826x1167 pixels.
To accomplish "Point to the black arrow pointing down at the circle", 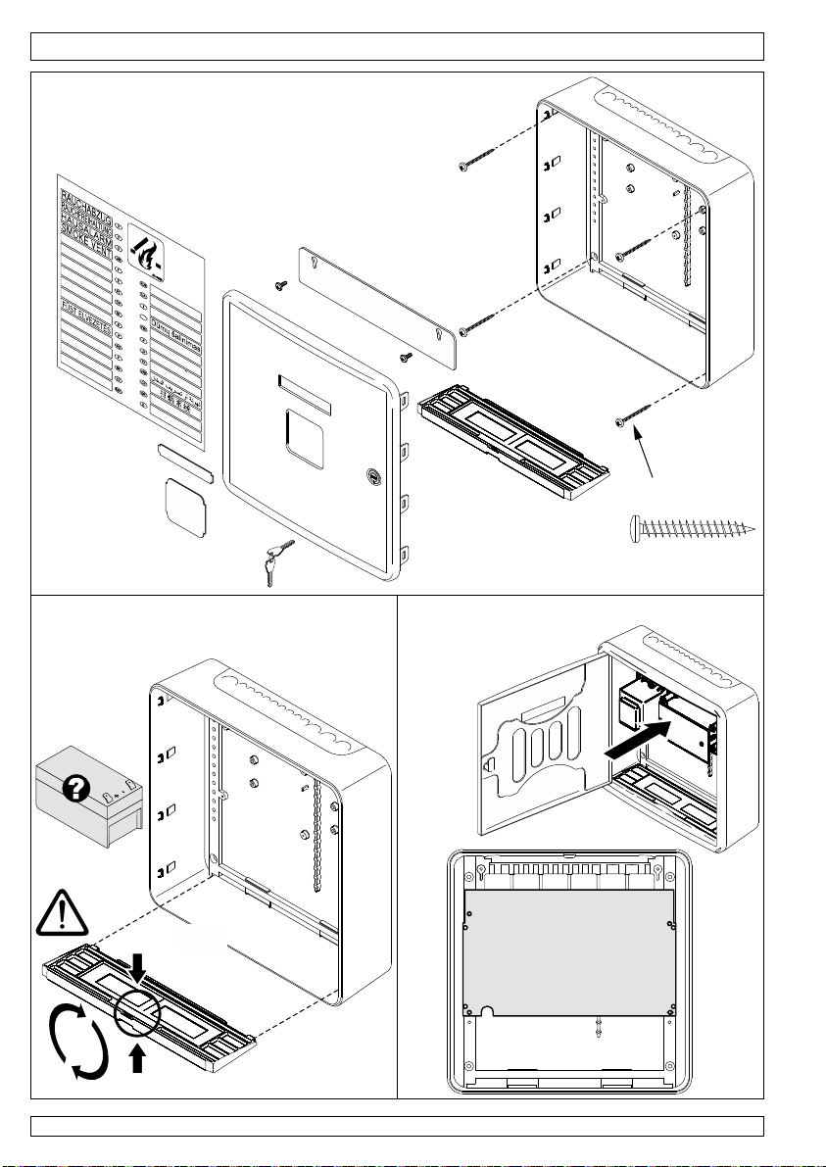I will click(138, 982).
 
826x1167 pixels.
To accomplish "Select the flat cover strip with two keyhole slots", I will click(376, 306).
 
